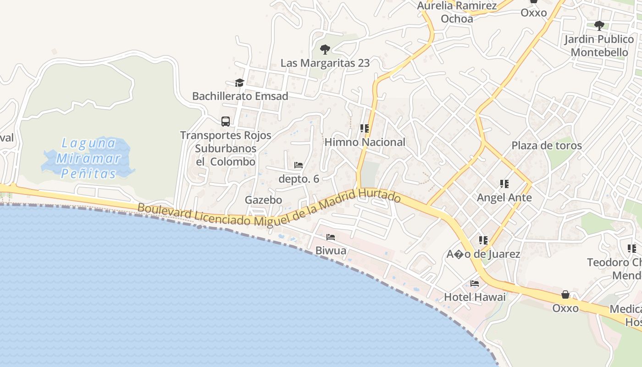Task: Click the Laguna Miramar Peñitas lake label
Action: [x=89, y=158]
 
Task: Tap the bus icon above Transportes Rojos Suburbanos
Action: [x=226, y=122]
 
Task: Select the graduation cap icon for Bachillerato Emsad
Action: [x=239, y=83]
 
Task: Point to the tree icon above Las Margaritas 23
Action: [x=325, y=49]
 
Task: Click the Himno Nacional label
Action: [x=365, y=142]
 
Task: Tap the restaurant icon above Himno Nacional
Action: [x=365, y=128]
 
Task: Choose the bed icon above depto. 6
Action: [x=299, y=165]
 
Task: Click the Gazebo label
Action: [x=263, y=200]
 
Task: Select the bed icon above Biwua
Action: [x=331, y=237]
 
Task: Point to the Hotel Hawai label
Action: [x=475, y=297]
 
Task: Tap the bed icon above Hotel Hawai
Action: [x=475, y=284]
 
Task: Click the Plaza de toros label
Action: [x=547, y=145]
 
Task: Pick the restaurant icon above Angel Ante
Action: [x=504, y=184]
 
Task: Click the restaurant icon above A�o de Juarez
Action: [x=483, y=240]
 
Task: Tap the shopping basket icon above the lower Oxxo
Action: [x=565, y=295]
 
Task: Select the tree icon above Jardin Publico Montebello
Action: [x=599, y=25]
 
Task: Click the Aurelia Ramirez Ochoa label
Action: [x=457, y=12]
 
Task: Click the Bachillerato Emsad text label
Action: [x=240, y=96]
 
